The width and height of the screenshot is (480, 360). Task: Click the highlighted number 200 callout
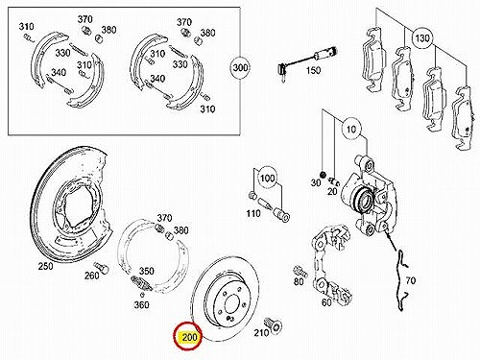(188, 337)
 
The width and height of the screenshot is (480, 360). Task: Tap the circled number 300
(240, 67)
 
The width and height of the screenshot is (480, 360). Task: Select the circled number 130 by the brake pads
(421, 38)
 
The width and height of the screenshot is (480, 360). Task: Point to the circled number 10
(351, 130)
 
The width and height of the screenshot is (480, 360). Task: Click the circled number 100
(268, 178)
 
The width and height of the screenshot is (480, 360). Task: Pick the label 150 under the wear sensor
(313, 70)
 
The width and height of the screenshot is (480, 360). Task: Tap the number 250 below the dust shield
(46, 266)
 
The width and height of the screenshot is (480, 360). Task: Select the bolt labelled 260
(102, 269)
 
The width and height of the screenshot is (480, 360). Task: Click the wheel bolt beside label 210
(274, 325)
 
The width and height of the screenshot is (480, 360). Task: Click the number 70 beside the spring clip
(411, 280)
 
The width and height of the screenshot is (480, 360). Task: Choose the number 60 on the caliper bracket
(326, 302)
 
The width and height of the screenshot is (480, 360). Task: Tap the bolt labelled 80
(300, 272)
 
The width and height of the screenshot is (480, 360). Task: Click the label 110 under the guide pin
(253, 213)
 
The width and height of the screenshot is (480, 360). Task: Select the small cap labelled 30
(324, 175)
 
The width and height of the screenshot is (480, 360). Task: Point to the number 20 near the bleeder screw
(332, 191)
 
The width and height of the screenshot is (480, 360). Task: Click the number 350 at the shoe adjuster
(146, 271)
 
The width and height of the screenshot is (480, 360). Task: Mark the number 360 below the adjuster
(141, 304)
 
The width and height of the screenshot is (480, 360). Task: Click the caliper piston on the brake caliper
(362, 199)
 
